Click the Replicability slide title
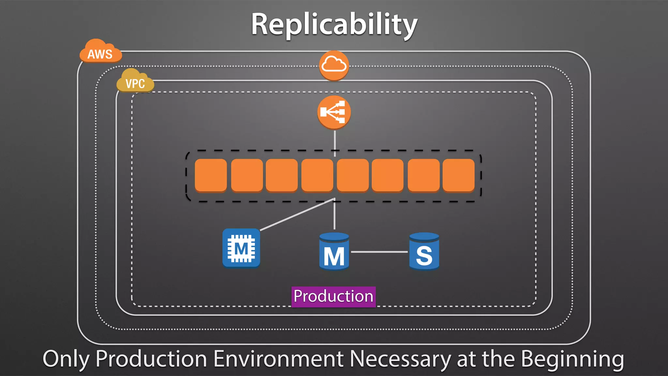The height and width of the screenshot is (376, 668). click(334, 25)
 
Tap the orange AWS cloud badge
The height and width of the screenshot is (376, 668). click(100, 52)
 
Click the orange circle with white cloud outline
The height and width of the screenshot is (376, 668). click(334, 65)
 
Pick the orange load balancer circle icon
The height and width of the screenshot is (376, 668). click(334, 112)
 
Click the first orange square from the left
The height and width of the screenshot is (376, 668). click(211, 175)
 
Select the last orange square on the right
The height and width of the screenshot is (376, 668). click(458, 175)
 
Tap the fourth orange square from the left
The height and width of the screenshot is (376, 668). click(317, 175)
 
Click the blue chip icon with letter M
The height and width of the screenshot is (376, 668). click(241, 248)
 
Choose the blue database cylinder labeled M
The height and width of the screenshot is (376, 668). click(334, 252)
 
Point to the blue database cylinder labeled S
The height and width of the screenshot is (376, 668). click(424, 252)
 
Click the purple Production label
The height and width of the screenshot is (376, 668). click(333, 296)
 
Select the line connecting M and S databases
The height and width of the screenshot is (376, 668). click(379, 252)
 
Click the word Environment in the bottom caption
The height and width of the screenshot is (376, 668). click(278, 359)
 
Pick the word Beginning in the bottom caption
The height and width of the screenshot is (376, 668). click(572, 359)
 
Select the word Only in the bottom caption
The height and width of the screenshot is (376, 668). click(66, 359)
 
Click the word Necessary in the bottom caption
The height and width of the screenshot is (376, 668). click(400, 359)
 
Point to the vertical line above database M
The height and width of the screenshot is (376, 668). click(334, 215)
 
